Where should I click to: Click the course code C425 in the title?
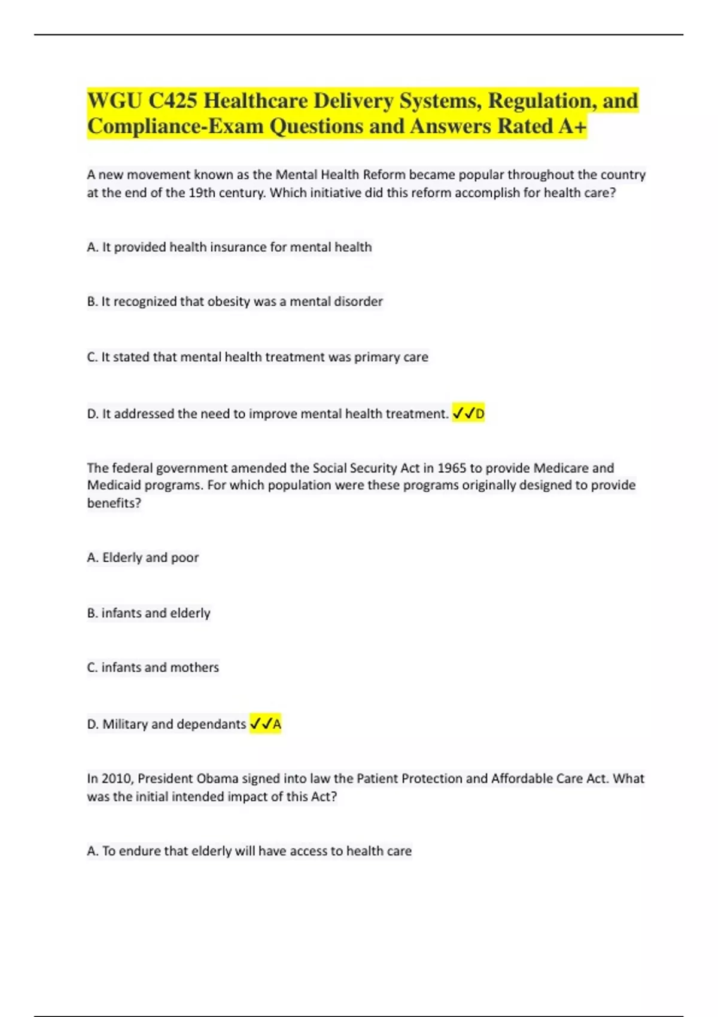tap(172, 101)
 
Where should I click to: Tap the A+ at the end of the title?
tap(573, 126)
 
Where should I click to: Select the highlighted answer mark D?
tap(480, 413)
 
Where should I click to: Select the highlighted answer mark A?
tap(277, 724)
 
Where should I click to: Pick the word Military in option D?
tap(125, 724)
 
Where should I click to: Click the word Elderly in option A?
tap(122, 558)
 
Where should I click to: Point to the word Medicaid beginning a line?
tap(112, 485)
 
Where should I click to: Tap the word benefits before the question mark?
tap(111, 503)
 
